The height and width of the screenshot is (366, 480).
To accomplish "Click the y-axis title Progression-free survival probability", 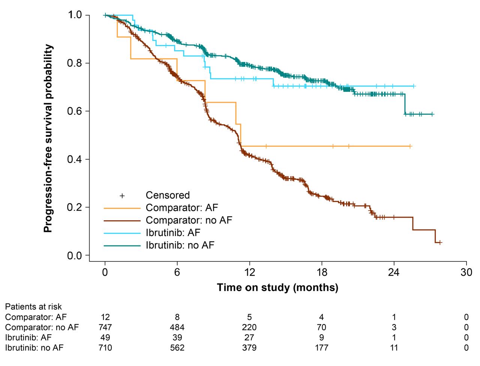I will click(x=48, y=138).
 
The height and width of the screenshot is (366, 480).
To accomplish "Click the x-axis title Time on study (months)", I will click(x=277, y=288).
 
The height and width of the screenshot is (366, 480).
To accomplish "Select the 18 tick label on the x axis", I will click(x=322, y=272).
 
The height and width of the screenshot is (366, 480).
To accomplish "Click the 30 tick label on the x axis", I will click(x=466, y=272).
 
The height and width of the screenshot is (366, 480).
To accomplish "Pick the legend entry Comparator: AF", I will click(x=181, y=208).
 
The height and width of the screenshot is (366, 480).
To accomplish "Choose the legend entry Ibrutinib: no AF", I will click(x=180, y=245).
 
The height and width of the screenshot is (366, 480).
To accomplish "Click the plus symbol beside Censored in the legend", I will click(x=122, y=196).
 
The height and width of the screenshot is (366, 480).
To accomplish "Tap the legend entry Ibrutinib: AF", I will click(x=173, y=233).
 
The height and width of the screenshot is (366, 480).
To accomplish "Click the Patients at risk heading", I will click(x=33, y=307).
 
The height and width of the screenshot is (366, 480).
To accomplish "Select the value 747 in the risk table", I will click(x=105, y=327).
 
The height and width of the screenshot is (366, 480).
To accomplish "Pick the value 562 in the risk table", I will click(x=177, y=348).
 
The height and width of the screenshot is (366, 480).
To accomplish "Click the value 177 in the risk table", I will click(x=321, y=348).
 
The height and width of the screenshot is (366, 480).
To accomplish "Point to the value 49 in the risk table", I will click(x=105, y=338).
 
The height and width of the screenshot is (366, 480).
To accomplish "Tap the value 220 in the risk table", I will click(x=249, y=327).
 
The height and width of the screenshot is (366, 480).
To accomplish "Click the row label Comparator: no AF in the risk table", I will click(x=42, y=327).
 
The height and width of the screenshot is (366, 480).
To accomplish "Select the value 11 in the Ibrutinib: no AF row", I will click(x=394, y=348).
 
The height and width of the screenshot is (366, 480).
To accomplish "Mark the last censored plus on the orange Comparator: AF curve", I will click(x=410, y=146).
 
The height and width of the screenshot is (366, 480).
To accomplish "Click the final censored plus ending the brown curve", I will click(x=440, y=242).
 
